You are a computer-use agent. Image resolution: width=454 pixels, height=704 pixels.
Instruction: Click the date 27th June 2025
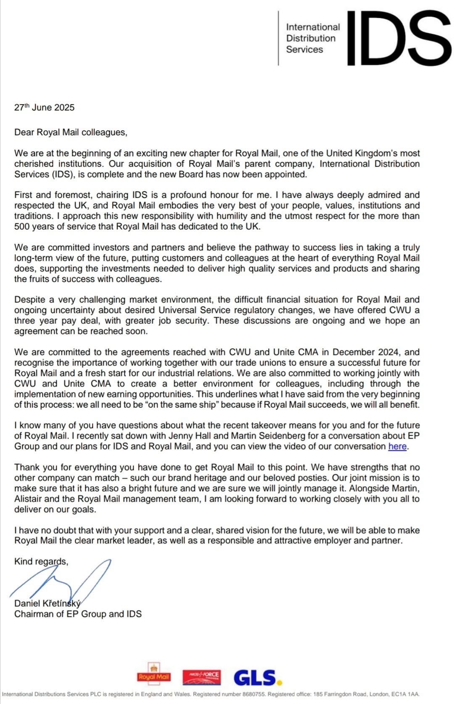pyautogui.click(x=44, y=108)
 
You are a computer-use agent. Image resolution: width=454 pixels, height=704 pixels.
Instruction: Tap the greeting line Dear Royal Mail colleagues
pyautogui.click(x=71, y=132)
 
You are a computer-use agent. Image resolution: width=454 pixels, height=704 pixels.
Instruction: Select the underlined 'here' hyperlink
pyautogui.click(x=397, y=446)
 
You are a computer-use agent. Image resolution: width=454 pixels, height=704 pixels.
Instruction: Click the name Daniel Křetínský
pyautogui.click(x=47, y=604)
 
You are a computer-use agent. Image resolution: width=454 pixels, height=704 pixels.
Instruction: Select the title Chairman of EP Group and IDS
pyautogui.click(x=78, y=614)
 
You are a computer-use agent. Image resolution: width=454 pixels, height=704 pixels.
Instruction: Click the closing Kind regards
pyautogui.click(x=41, y=562)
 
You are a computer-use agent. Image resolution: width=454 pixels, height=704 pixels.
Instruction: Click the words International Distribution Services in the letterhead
pyautogui.click(x=312, y=38)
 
